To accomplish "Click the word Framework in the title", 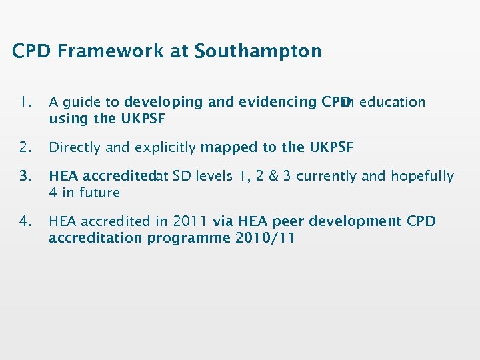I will click(x=111, y=51).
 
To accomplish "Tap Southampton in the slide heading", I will click(x=258, y=51).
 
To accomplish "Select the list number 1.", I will click(x=26, y=103).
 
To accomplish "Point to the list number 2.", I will click(x=26, y=147).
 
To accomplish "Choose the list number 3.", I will click(x=26, y=177).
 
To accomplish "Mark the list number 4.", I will click(x=26, y=221).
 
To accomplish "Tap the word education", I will click(x=392, y=103).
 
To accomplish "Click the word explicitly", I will click(x=165, y=147).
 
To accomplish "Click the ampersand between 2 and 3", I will click(x=269, y=177).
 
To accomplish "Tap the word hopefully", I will click(x=422, y=177).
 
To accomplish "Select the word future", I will click(x=99, y=193).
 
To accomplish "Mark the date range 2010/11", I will click(x=265, y=237).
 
